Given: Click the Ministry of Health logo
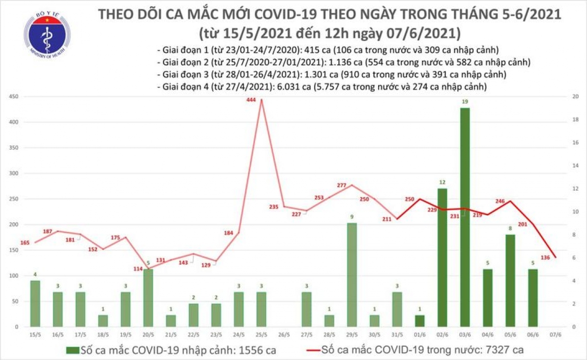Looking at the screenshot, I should tap(47, 35).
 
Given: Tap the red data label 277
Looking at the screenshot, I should tap(342, 185).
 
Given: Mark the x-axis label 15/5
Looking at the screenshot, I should tap(35, 335).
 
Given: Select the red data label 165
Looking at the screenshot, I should tap(24, 242).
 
